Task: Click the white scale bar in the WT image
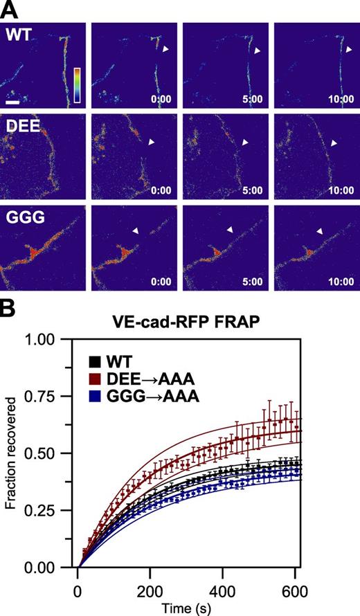pos(12,102)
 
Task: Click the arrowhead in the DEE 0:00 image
pos(152,143)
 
